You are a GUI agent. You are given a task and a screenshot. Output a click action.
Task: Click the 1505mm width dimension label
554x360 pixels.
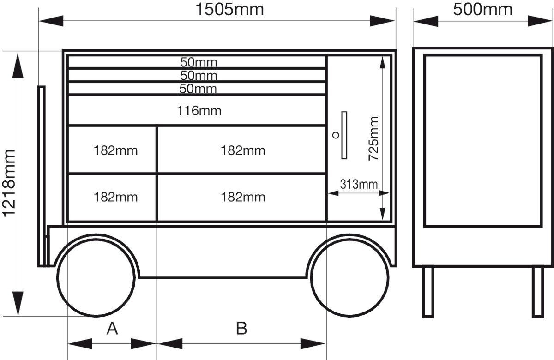click(x=229, y=9)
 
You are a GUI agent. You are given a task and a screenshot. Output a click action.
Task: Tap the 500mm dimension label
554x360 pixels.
click(x=482, y=9)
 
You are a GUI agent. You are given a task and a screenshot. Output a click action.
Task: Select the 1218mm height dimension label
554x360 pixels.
click(x=9, y=183)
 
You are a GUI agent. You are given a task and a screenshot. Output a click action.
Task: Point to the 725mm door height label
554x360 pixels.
click(x=373, y=138)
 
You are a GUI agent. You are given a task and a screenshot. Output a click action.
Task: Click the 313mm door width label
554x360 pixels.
click(x=359, y=184)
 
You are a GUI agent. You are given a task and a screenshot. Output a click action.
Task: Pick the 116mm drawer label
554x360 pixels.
click(x=199, y=110)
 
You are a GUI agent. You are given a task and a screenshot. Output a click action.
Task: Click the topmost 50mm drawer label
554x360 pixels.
click(x=199, y=62)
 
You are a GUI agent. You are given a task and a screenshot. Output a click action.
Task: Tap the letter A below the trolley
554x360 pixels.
click(x=112, y=328)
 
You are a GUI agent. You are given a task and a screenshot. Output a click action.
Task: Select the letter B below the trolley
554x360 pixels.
click(x=241, y=328)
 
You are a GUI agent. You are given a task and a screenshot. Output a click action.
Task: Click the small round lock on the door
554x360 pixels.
click(x=336, y=135)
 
